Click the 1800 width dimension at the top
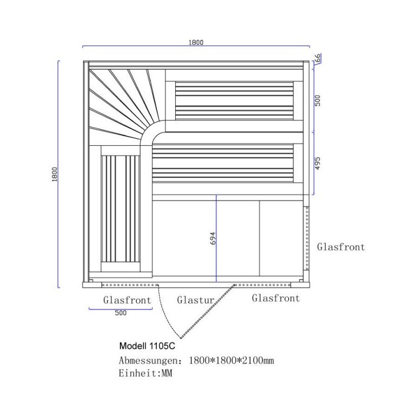(x=196, y=42)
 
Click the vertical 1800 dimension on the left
(x=55, y=174)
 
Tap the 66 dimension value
(x=318, y=58)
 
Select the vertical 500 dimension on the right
(x=318, y=100)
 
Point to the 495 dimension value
(x=318, y=163)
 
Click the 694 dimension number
(x=213, y=238)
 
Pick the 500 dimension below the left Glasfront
(x=120, y=313)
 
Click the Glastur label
(x=195, y=300)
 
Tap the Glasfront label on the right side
(x=341, y=247)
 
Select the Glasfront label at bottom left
(x=127, y=300)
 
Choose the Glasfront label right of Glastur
(x=276, y=298)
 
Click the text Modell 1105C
(x=147, y=346)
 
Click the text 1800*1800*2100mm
(x=232, y=360)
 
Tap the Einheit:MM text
(x=145, y=373)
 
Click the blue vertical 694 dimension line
(x=216, y=239)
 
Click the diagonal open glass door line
(x=207, y=311)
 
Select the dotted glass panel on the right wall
(x=307, y=238)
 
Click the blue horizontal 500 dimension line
(x=120, y=308)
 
